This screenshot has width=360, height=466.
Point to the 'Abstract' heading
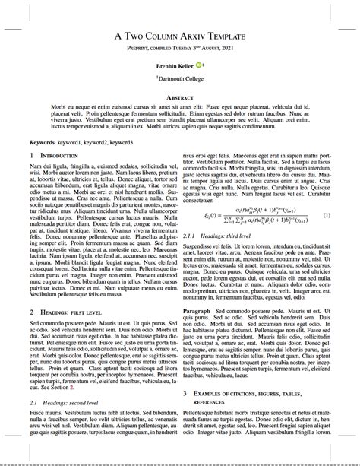pyautogui.click(x=180, y=98)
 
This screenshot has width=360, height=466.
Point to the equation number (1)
pyautogui.click(x=327, y=215)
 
